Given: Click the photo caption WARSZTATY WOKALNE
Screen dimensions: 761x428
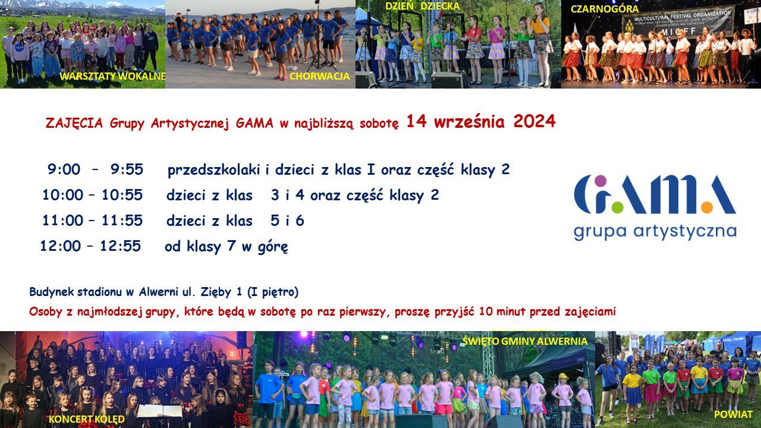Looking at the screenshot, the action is [x=112, y=76].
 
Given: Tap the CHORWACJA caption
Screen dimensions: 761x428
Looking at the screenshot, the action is [x=319, y=76].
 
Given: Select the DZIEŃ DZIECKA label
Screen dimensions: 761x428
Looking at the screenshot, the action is [x=422, y=6].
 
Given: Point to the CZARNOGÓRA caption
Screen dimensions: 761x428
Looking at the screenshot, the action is [x=605, y=9].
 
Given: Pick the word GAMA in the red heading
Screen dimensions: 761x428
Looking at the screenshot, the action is [x=254, y=123].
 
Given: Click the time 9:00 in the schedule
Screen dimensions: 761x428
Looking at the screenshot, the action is [x=64, y=169].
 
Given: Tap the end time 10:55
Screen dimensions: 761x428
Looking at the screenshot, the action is [x=122, y=195].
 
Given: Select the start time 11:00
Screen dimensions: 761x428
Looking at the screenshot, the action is [x=62, y=221].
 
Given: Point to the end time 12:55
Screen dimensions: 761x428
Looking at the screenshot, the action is [x=120, y=246].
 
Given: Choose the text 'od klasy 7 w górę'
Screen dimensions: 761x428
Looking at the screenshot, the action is [x=227, y=247].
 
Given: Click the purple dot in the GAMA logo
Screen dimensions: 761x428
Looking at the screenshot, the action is [x=600, y=181].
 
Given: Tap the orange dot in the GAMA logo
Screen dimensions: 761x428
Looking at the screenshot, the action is [x=707, y=207].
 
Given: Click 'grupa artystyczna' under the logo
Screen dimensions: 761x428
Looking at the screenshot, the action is [x=655, y=232].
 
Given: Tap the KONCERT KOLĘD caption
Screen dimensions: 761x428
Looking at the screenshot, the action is [x=87, y=419].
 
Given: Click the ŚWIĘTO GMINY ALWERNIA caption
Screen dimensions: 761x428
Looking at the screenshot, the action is [x=524, y=341].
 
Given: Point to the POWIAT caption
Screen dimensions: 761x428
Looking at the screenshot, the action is [x=733, y=414].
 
